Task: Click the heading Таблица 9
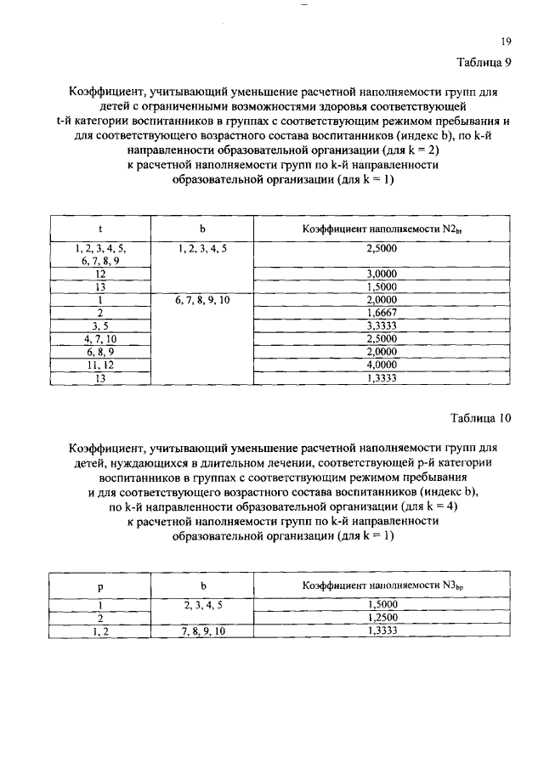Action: [x=484, y=62]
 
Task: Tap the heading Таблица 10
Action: [x=481, y=417]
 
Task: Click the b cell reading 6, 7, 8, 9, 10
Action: [x=201, y=300]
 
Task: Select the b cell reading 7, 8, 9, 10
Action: [x=201, y=631]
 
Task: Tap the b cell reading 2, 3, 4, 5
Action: [x=201, y=606]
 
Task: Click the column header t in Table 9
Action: [x=100, y=229]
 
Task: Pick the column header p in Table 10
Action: [x=100, y=585]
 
